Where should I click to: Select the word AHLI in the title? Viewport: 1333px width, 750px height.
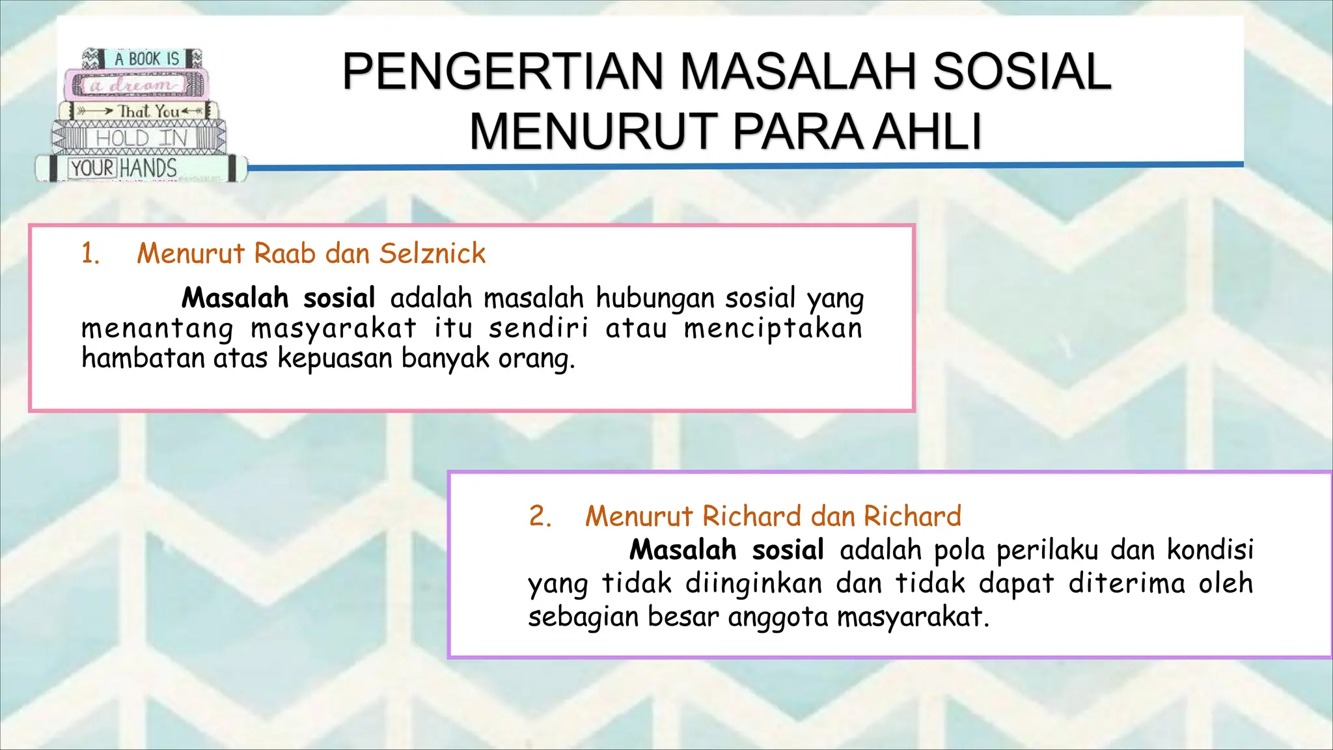coord(927,132)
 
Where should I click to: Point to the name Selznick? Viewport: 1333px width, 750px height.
coord(432,253)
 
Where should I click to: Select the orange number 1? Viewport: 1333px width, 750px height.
coord(90,253)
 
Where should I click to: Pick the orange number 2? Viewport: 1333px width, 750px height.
coord(540,516)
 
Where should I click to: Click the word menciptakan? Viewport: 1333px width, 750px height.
coord(773,328)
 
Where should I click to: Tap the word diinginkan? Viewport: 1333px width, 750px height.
coord(754,583)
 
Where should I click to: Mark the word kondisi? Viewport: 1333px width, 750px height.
coord(1209,550)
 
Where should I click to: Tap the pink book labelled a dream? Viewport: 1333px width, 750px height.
coord(137,85)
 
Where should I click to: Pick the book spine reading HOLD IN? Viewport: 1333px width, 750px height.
coord(140,138)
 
